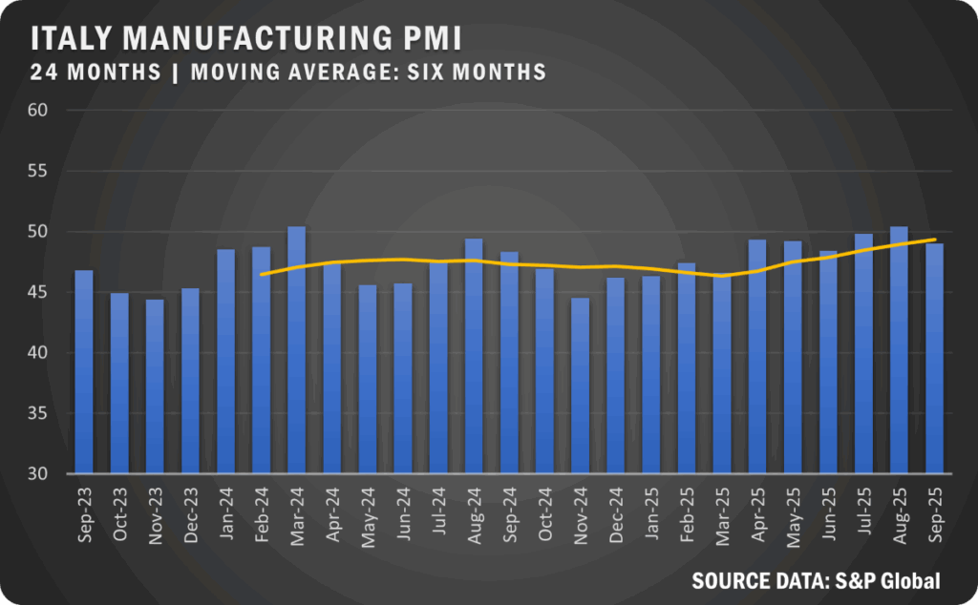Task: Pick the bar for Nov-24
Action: [x=580, y=386]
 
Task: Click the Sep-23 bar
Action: [x=84, y=372]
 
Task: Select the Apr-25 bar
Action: [x=757, y=357]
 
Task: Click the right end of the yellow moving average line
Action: [x=934, y=240]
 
